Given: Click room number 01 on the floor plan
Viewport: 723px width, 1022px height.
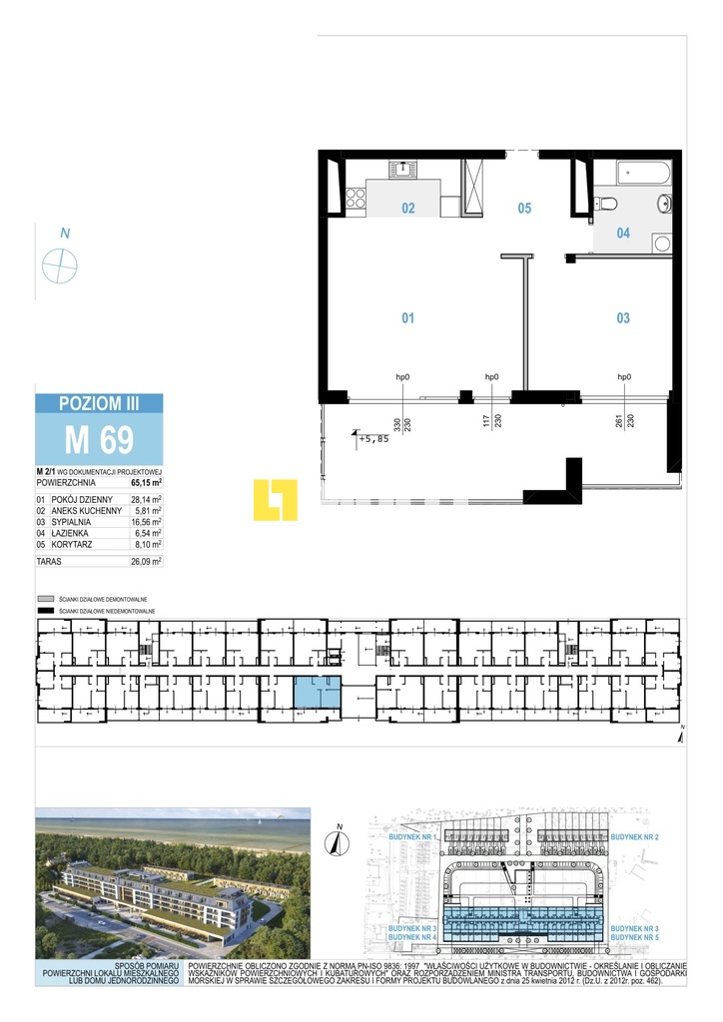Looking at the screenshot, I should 407,318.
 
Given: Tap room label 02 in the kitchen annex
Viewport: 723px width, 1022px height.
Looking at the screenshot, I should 407,209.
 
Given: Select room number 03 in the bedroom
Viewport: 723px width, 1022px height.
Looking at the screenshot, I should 623,318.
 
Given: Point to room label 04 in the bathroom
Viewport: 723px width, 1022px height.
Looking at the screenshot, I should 623,234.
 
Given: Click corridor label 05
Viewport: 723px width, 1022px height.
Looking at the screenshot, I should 524,209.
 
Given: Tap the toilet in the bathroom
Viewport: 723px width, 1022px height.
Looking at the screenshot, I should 607,204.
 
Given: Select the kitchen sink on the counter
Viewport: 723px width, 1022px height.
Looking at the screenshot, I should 406,168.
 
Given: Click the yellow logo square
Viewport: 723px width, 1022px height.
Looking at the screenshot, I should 276,499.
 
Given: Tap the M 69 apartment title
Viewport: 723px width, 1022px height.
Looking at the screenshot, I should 98,439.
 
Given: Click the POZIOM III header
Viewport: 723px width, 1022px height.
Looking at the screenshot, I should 98,403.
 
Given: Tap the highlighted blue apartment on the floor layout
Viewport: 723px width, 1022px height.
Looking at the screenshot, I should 316,691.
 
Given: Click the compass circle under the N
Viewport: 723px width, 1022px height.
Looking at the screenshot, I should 60,265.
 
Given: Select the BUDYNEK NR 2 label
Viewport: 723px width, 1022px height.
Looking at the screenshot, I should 635,835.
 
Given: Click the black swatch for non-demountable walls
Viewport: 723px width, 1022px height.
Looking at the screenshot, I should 43,609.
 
